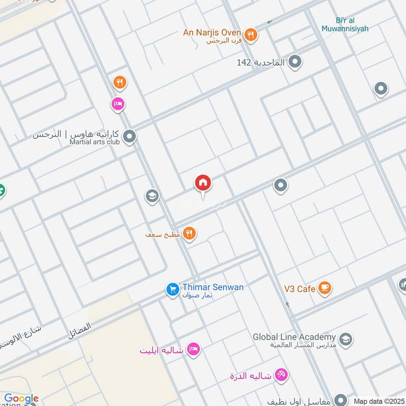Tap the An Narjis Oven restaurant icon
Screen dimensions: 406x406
coord(250,35)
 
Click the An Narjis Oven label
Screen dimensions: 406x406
coord(212,32)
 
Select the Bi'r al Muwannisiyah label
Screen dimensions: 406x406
coord(345,24)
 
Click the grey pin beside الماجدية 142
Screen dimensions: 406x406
coord(295,62)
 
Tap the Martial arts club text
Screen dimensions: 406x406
coord(94,142)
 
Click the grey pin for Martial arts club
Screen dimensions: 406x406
coord(129,136)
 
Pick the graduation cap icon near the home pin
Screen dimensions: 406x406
coord(152,196)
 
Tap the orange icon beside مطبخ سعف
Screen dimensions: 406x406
coord(189,233)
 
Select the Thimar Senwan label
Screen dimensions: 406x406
coord(213,287)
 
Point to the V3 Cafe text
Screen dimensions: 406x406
coord(299,289)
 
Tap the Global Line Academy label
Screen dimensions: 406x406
coord(294,337)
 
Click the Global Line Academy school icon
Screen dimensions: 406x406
coord(346,339)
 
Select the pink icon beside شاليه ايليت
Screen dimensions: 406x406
coord(193,349)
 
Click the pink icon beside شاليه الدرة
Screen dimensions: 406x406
coord(281,375)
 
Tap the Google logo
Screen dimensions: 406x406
coord(21,399)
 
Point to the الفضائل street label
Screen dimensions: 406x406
coord(80,331)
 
